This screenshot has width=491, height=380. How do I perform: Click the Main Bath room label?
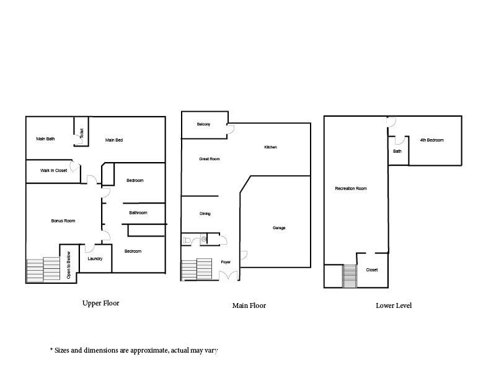45,139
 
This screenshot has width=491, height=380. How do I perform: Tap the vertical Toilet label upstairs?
81,133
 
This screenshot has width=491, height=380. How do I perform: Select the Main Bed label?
114,140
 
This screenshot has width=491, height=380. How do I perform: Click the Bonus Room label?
63,220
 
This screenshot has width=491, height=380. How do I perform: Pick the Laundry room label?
95,259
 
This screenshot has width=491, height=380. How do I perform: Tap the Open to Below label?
68,265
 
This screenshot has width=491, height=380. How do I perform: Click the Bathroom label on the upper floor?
138,213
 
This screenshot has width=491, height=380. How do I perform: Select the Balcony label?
203,124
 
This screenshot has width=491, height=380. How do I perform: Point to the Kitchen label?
270,147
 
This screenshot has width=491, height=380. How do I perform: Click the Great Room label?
210,159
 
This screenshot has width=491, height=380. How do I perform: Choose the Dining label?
205,214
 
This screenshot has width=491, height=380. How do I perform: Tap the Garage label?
279,228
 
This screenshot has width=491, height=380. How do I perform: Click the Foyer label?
226,262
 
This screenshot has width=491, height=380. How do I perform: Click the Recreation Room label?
351,189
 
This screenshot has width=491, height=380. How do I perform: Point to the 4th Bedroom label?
431,140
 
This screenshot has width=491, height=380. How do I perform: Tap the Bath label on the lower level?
397,151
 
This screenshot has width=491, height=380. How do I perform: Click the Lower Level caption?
394,305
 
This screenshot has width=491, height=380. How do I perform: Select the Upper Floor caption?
100,304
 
